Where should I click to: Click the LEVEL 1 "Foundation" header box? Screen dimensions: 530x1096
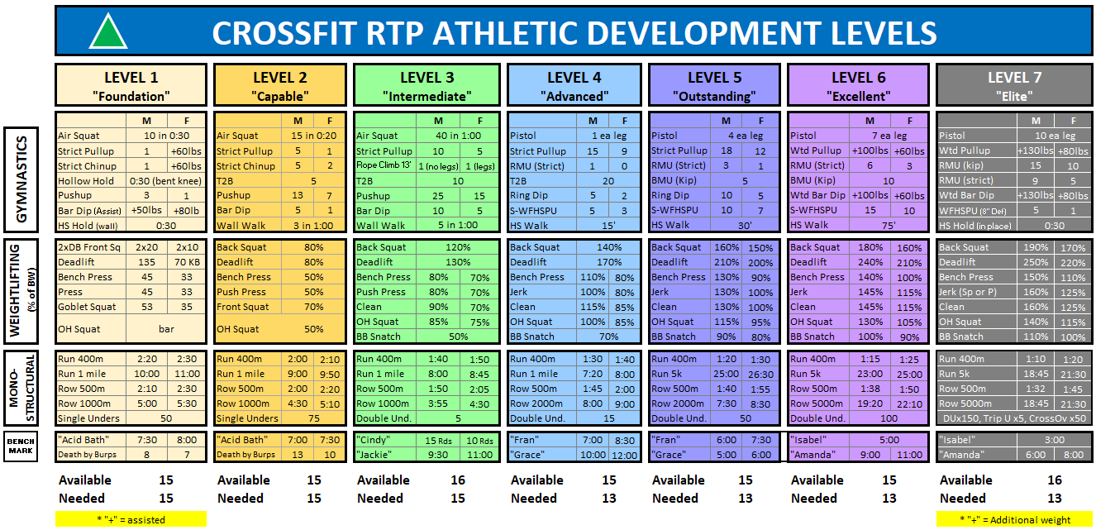pos(131,85)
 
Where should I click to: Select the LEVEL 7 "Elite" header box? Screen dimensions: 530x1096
pos(1014,85)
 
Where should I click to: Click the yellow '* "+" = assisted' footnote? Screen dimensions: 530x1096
pos(131,519)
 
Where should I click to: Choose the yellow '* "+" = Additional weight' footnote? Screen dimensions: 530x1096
pos(1014,519)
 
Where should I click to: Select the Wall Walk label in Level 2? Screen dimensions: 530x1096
pos(241,225)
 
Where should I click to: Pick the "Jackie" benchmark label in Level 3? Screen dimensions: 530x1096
pos(376,455)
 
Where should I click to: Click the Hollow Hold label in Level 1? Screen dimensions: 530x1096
pos(87,181)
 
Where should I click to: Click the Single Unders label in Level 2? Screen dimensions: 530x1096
pos(248,418)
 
